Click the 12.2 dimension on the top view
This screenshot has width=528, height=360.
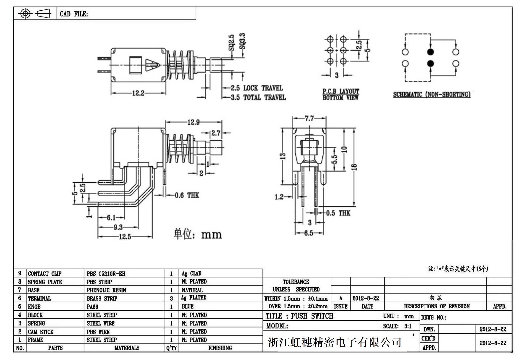click(x=138, y=93)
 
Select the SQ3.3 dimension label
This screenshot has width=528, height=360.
click(x=242, y=41)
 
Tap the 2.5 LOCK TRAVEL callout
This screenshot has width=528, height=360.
click(x=257, y=88)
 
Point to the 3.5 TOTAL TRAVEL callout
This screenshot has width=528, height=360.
click(x=258, y=98)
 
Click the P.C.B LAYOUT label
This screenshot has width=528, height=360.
click(x=340, y=92)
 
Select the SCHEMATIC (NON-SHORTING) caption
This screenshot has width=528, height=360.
click(x=431, y=95)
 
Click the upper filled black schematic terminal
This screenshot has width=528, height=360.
click(x=431, y=52)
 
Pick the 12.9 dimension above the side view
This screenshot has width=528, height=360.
click(x=194, y=122)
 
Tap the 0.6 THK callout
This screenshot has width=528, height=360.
click(x=187, y=195)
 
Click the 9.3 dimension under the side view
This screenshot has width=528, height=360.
click(x=118, y=227)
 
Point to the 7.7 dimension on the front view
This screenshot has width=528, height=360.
click(x=309, y=119)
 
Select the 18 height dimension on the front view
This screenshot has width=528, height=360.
click(x=355, y=167)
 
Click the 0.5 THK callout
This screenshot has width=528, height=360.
click(x=338, y=213)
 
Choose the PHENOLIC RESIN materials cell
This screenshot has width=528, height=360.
click(x=106, y=290)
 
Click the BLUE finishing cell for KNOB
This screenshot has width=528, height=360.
click(x=188, y=307)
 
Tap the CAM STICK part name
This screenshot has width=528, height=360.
click(x=41, y=332)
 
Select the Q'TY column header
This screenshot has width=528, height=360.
click(x=171, y=348)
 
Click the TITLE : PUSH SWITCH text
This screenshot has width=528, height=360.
click(x=299, y=316)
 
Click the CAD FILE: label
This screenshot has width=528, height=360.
click(x=74, y=14)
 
